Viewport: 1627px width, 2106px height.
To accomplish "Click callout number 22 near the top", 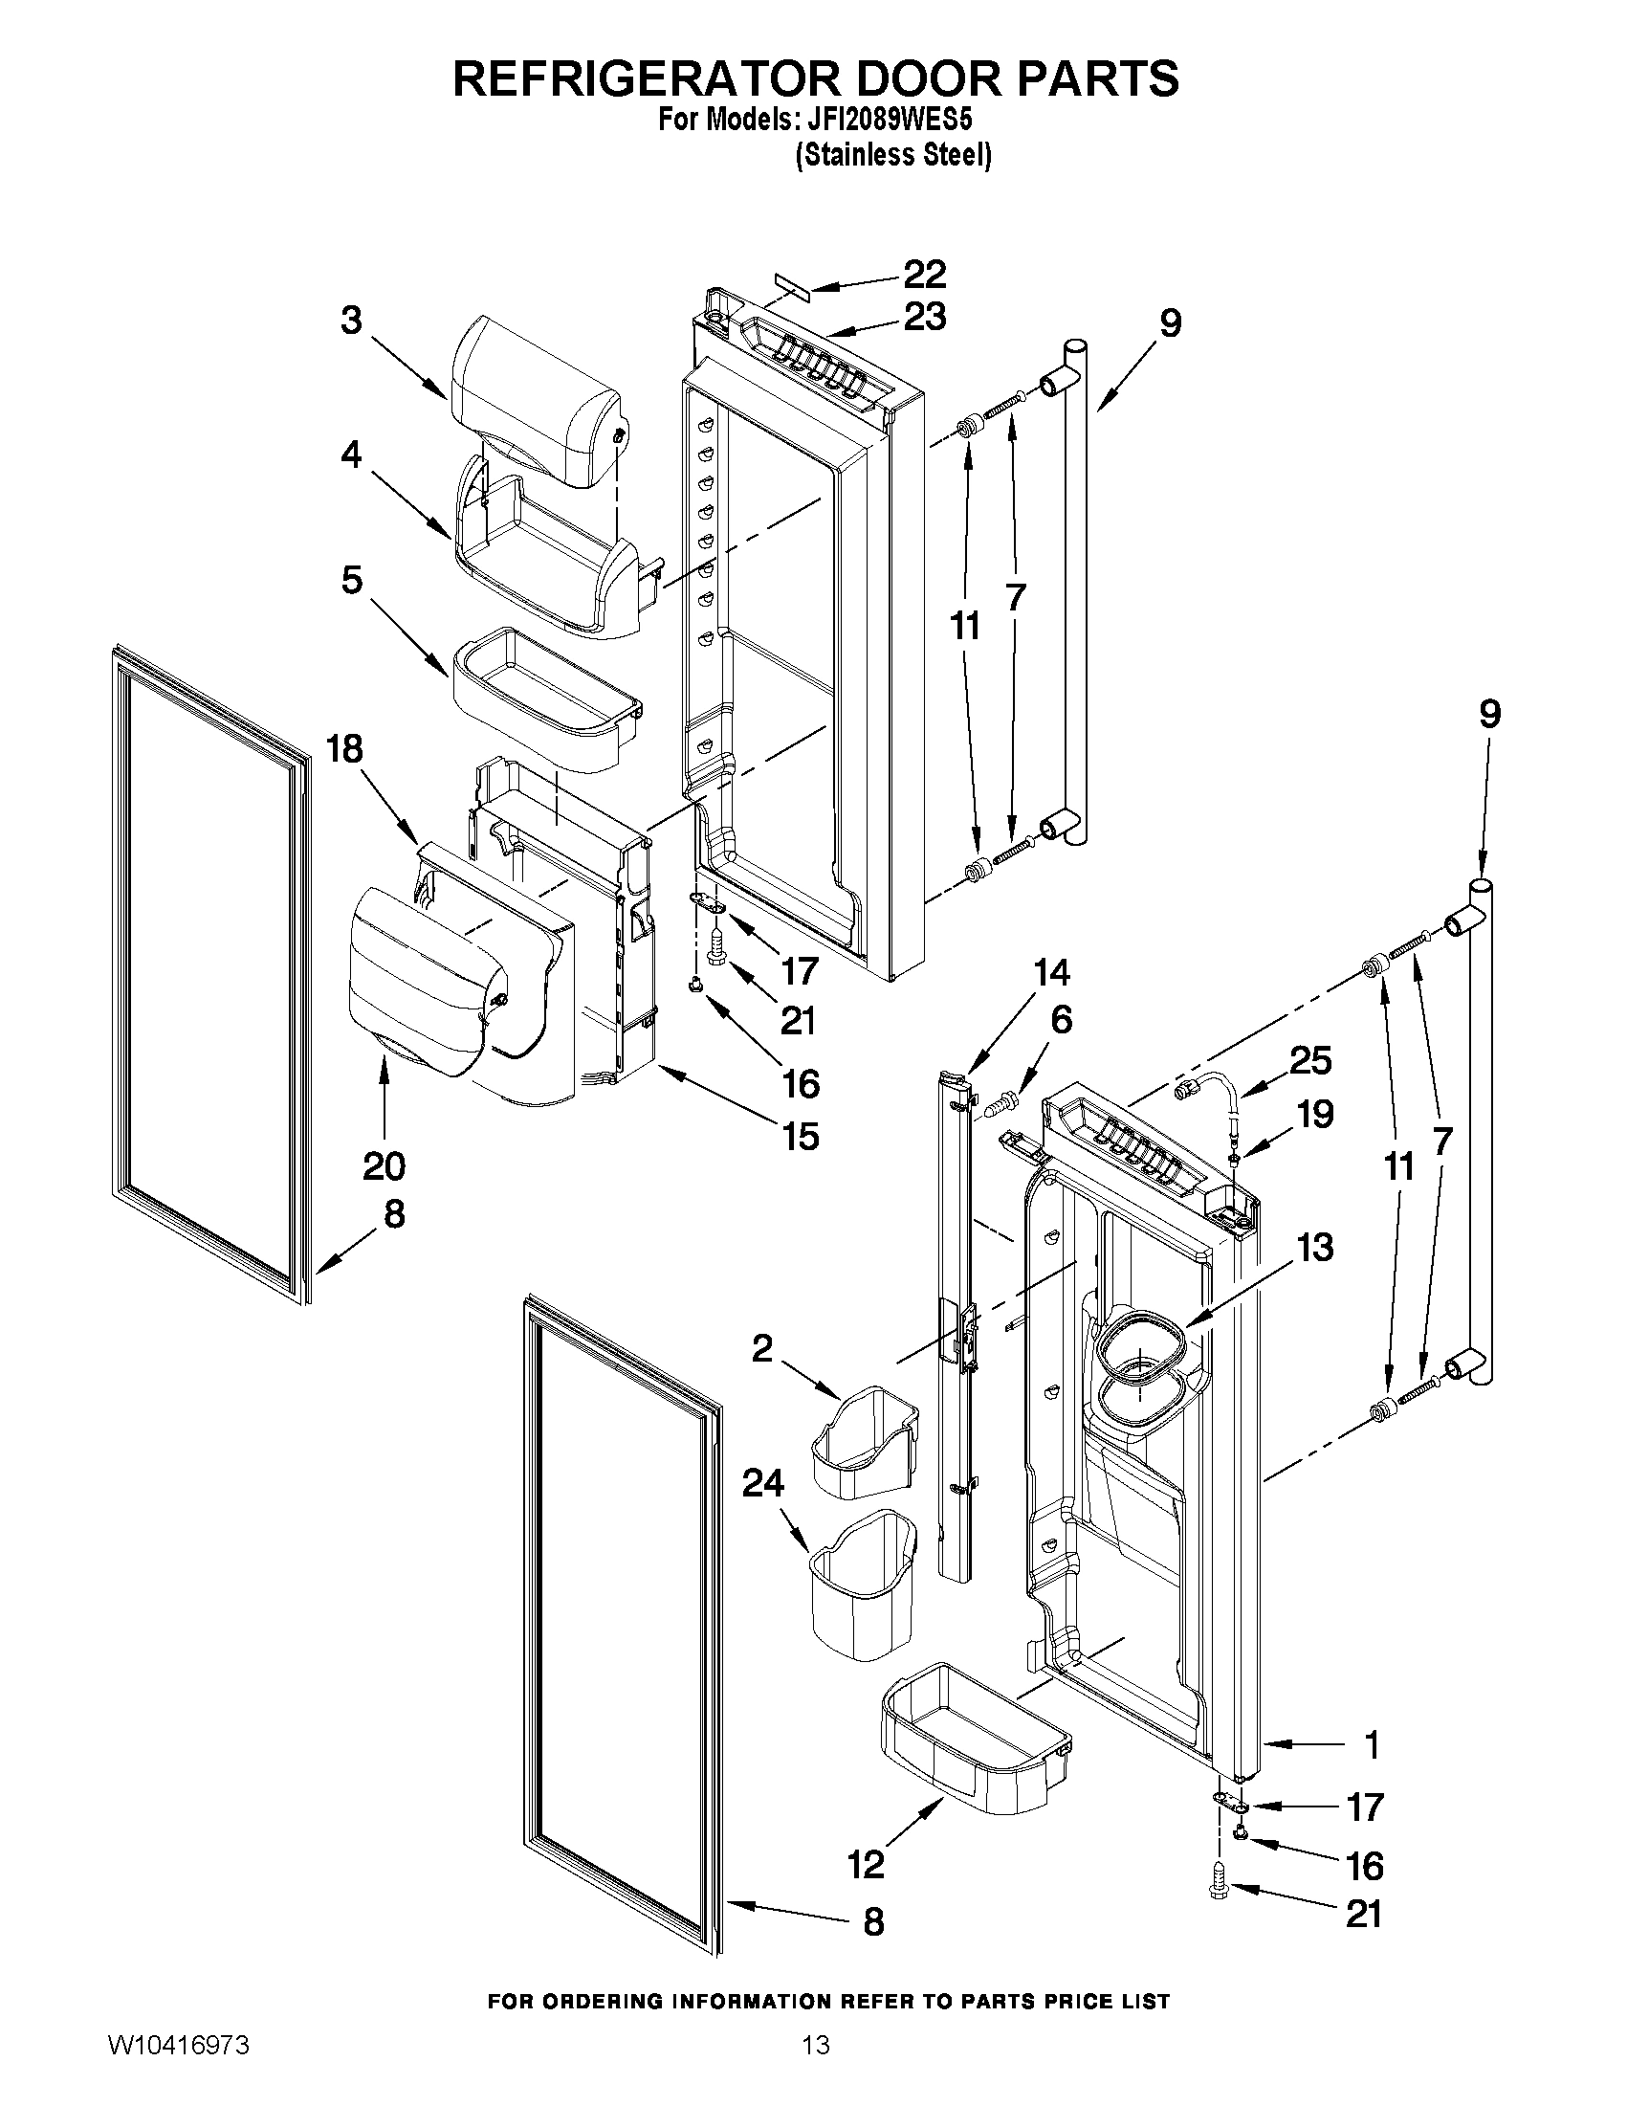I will click(923, 275).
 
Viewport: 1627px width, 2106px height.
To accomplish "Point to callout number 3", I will click(352, 321).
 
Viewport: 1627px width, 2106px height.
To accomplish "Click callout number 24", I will click(762, 1483).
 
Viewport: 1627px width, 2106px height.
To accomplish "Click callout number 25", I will click(1309, 1061).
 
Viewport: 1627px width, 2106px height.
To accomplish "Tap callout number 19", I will click(1315, 1115).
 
